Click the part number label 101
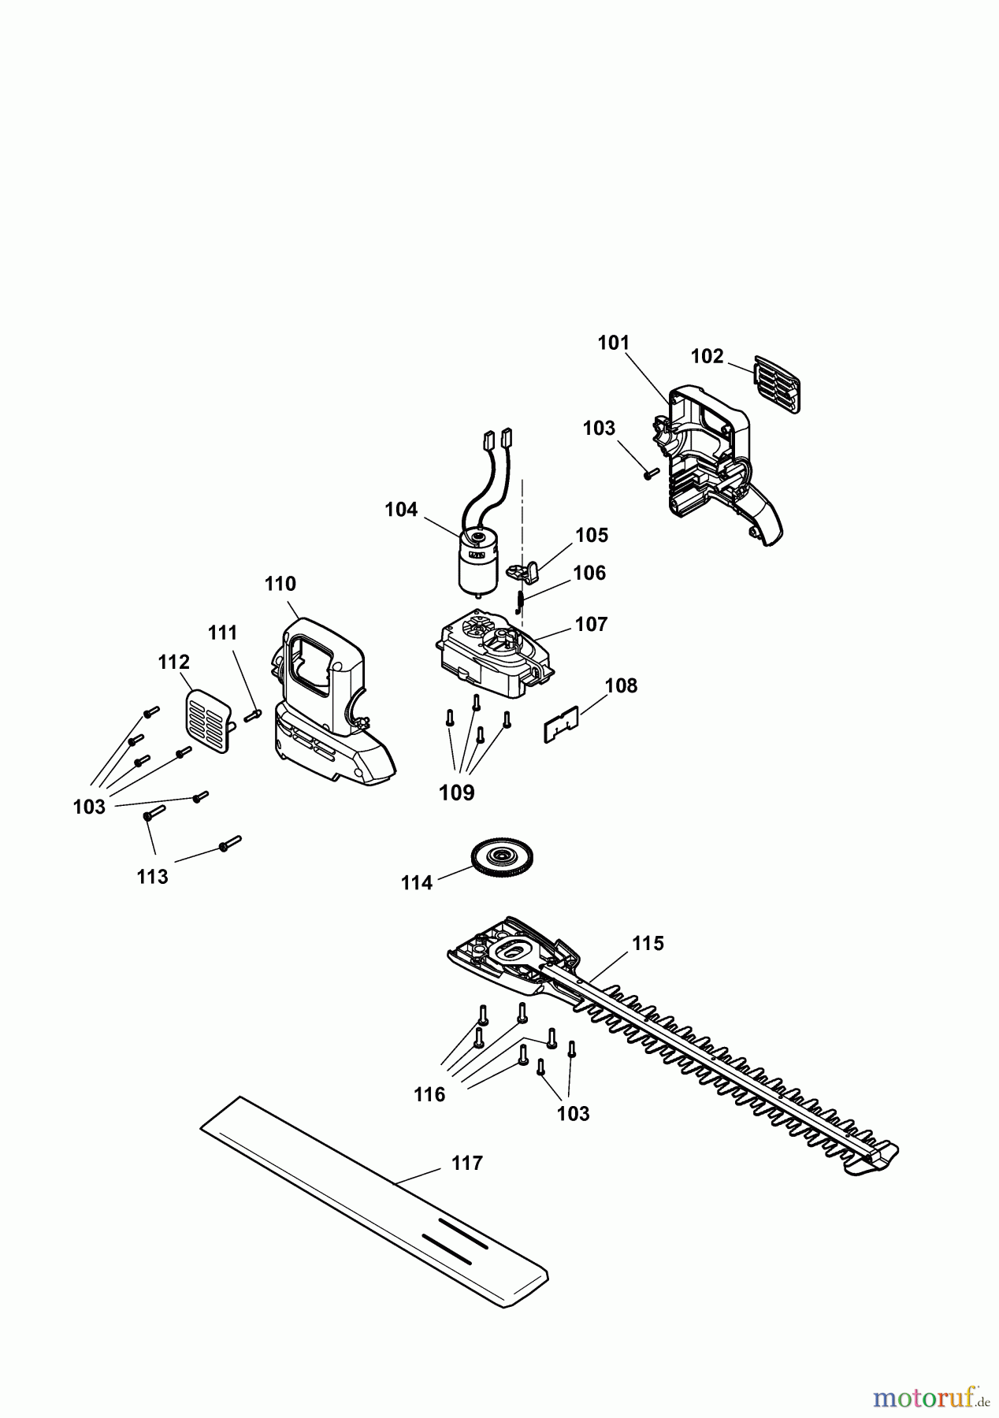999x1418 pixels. (x=614, y=343)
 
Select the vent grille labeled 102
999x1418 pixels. (x=778, y=384)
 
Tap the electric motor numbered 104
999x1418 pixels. (x=477, y=561)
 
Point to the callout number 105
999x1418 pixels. (x=592, y=536)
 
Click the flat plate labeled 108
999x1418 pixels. (x=562, y=723)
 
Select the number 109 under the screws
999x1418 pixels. (x=457, y=793)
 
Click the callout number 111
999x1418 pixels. (x=223, y=633)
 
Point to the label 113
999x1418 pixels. (x=152, y=877)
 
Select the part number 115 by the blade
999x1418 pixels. (x=648, y=943)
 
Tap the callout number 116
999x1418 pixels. (x=429, y=1094)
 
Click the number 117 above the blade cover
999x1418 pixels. (x=467, y=1163)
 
